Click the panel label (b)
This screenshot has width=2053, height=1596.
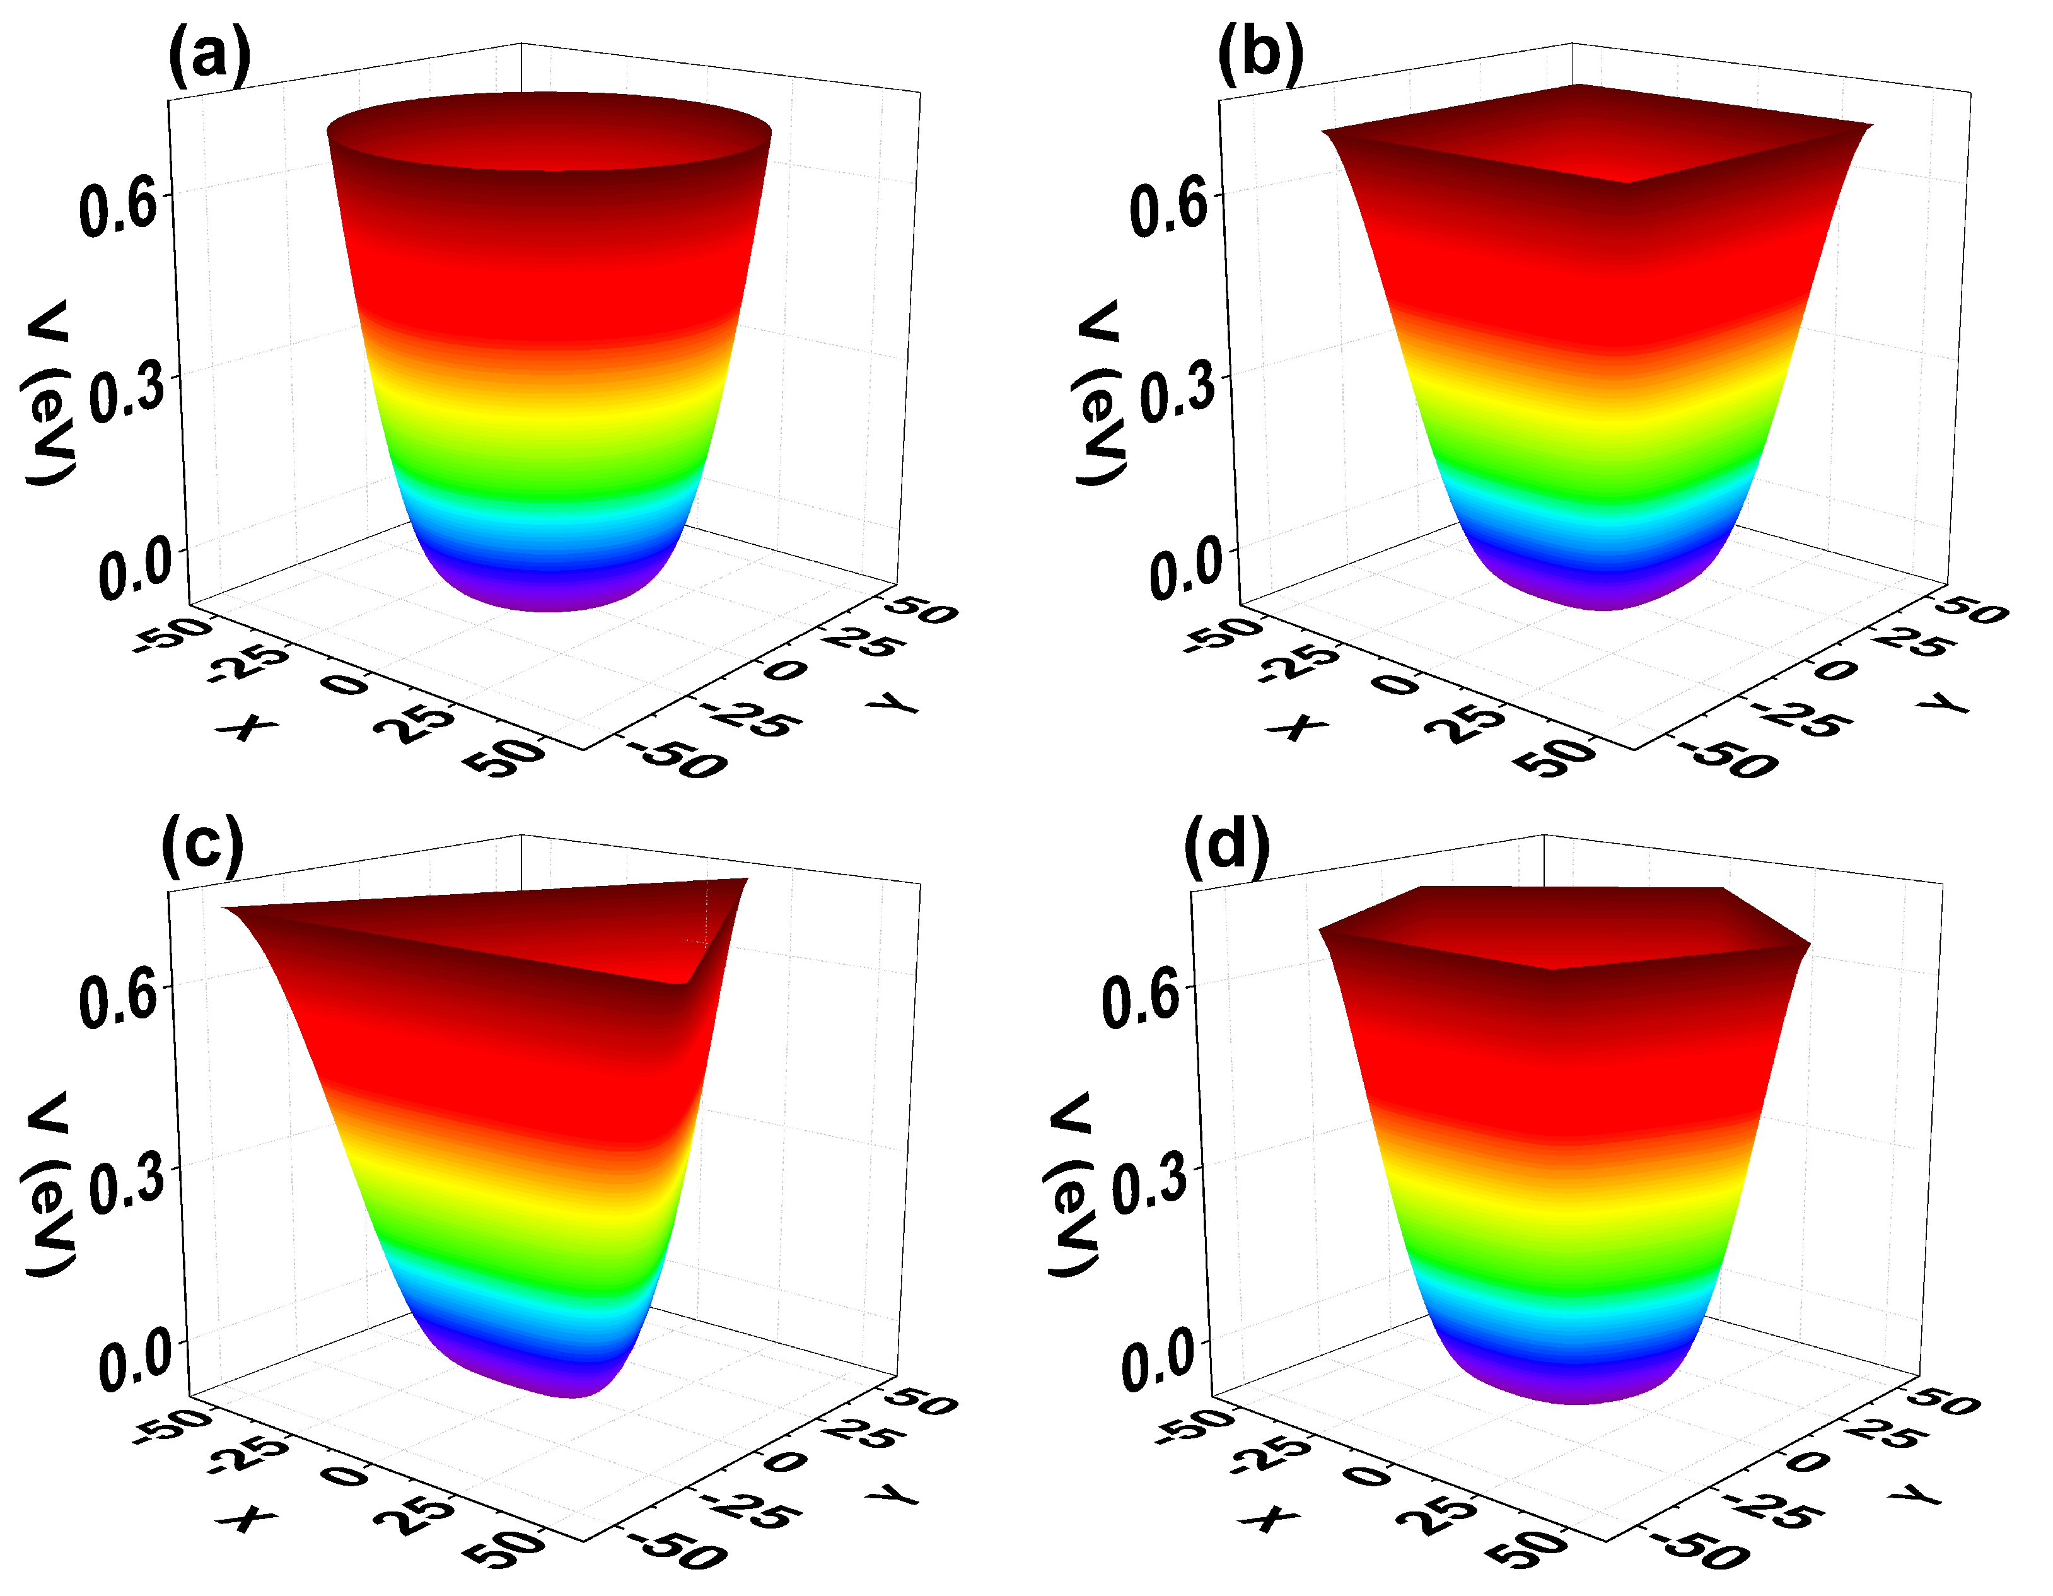tap(1260, 54)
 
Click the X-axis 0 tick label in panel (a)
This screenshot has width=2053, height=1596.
tap(344, 684)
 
